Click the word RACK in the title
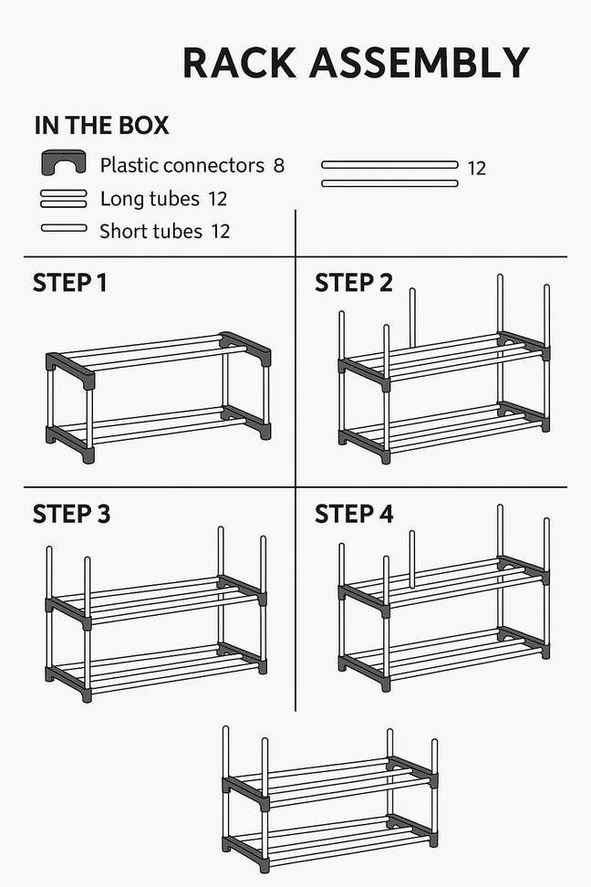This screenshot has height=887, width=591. click(x=238, y=63)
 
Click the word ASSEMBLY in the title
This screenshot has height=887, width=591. click(x=420, y=63)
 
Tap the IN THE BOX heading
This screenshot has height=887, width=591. click(x=101, y=126)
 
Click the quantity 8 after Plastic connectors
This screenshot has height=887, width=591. click(x=278, y=165)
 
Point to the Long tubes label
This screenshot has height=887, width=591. click(x=150, y=199)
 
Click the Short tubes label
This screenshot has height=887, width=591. click(x=150, y=232)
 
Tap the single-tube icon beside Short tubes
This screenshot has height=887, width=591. click(x=64, y=228)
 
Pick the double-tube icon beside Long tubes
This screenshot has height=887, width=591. click(x=64, y=198)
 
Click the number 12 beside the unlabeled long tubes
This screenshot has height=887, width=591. click(x=476, y=169)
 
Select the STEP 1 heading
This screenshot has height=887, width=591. click(x=69, y=283)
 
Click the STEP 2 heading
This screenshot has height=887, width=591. click(x=353, y=283)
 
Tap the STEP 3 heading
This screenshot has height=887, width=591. click(x=71, y=514)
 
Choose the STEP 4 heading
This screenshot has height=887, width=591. click(x=354, y=514)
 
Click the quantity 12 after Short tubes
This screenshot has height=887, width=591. click(x=220, y=232)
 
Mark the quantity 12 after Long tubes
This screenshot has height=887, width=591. click(x=217, y=199)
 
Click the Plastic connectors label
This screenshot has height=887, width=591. click(x=181, y=165)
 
